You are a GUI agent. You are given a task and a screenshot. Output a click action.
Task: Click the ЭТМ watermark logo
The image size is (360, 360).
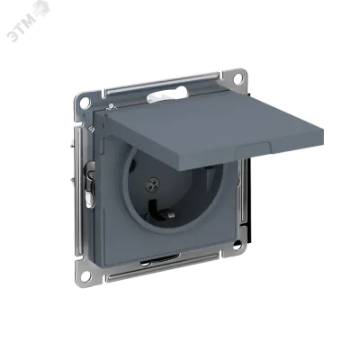[28, 23]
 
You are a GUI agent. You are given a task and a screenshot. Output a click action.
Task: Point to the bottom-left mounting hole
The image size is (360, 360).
[85, 274]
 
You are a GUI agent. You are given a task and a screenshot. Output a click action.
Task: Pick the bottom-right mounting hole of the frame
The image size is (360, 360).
[237, 246]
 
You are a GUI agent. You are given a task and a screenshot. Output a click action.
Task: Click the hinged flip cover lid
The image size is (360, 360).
[212, 131]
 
